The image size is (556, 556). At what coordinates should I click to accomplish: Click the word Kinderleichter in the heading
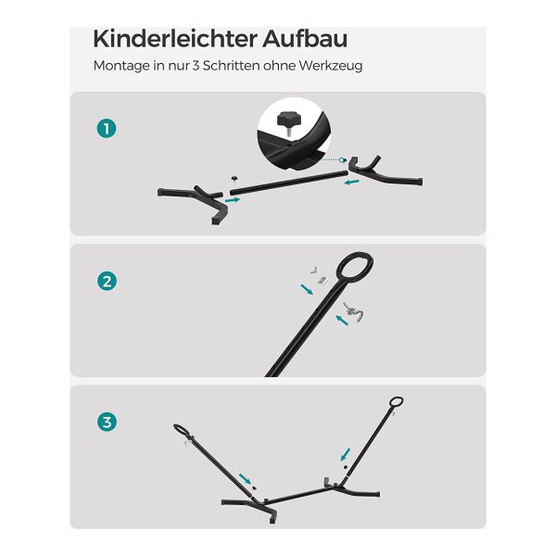(x=175, y=39)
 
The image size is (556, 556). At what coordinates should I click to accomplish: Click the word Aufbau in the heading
(x=305, y=39)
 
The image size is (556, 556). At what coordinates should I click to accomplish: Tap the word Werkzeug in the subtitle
(x=331, y=66)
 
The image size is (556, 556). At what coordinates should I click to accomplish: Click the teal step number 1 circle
(x=107, y=129)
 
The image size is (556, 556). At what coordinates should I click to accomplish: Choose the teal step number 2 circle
(x=107, y=281)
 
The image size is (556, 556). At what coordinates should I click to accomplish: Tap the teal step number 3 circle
(x=107, y=422)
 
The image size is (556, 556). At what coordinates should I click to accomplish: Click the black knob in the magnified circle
(x=288, y=120)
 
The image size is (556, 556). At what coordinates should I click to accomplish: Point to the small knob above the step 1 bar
(x=234, y=178)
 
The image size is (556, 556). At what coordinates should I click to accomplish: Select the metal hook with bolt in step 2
(x=353, y=311)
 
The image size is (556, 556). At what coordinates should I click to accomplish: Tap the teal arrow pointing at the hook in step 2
(x=342, y=320)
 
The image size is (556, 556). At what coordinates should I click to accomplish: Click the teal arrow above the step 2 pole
(x=307, y=289)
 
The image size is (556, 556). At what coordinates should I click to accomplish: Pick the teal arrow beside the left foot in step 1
(x=233, y=200)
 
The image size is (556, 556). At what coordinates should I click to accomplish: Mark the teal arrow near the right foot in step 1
(x=352, y=183)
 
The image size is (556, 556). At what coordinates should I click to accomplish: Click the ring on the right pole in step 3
(x=396, y=402)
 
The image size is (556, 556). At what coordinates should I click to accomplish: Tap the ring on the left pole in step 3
(x=183, y=430)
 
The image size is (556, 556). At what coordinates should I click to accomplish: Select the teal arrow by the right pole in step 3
(x=346, y=454)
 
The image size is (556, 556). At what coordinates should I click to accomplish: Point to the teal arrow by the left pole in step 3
(x=245, y=479)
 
